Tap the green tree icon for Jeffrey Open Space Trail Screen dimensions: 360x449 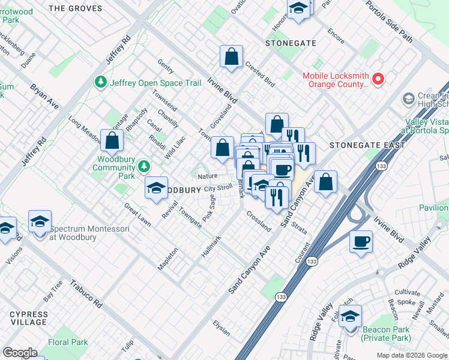pos(101,82)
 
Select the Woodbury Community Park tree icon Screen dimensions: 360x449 pos(143,165)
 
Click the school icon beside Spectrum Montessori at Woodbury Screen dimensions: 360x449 pos(40,221)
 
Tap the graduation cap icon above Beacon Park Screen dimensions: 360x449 pos(350,316)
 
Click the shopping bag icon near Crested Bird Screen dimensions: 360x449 pos(231,58)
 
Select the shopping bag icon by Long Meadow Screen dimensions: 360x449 pos(112,141)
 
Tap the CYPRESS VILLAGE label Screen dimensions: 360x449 pos(28,319)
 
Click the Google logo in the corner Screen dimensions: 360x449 pos(20,353)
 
